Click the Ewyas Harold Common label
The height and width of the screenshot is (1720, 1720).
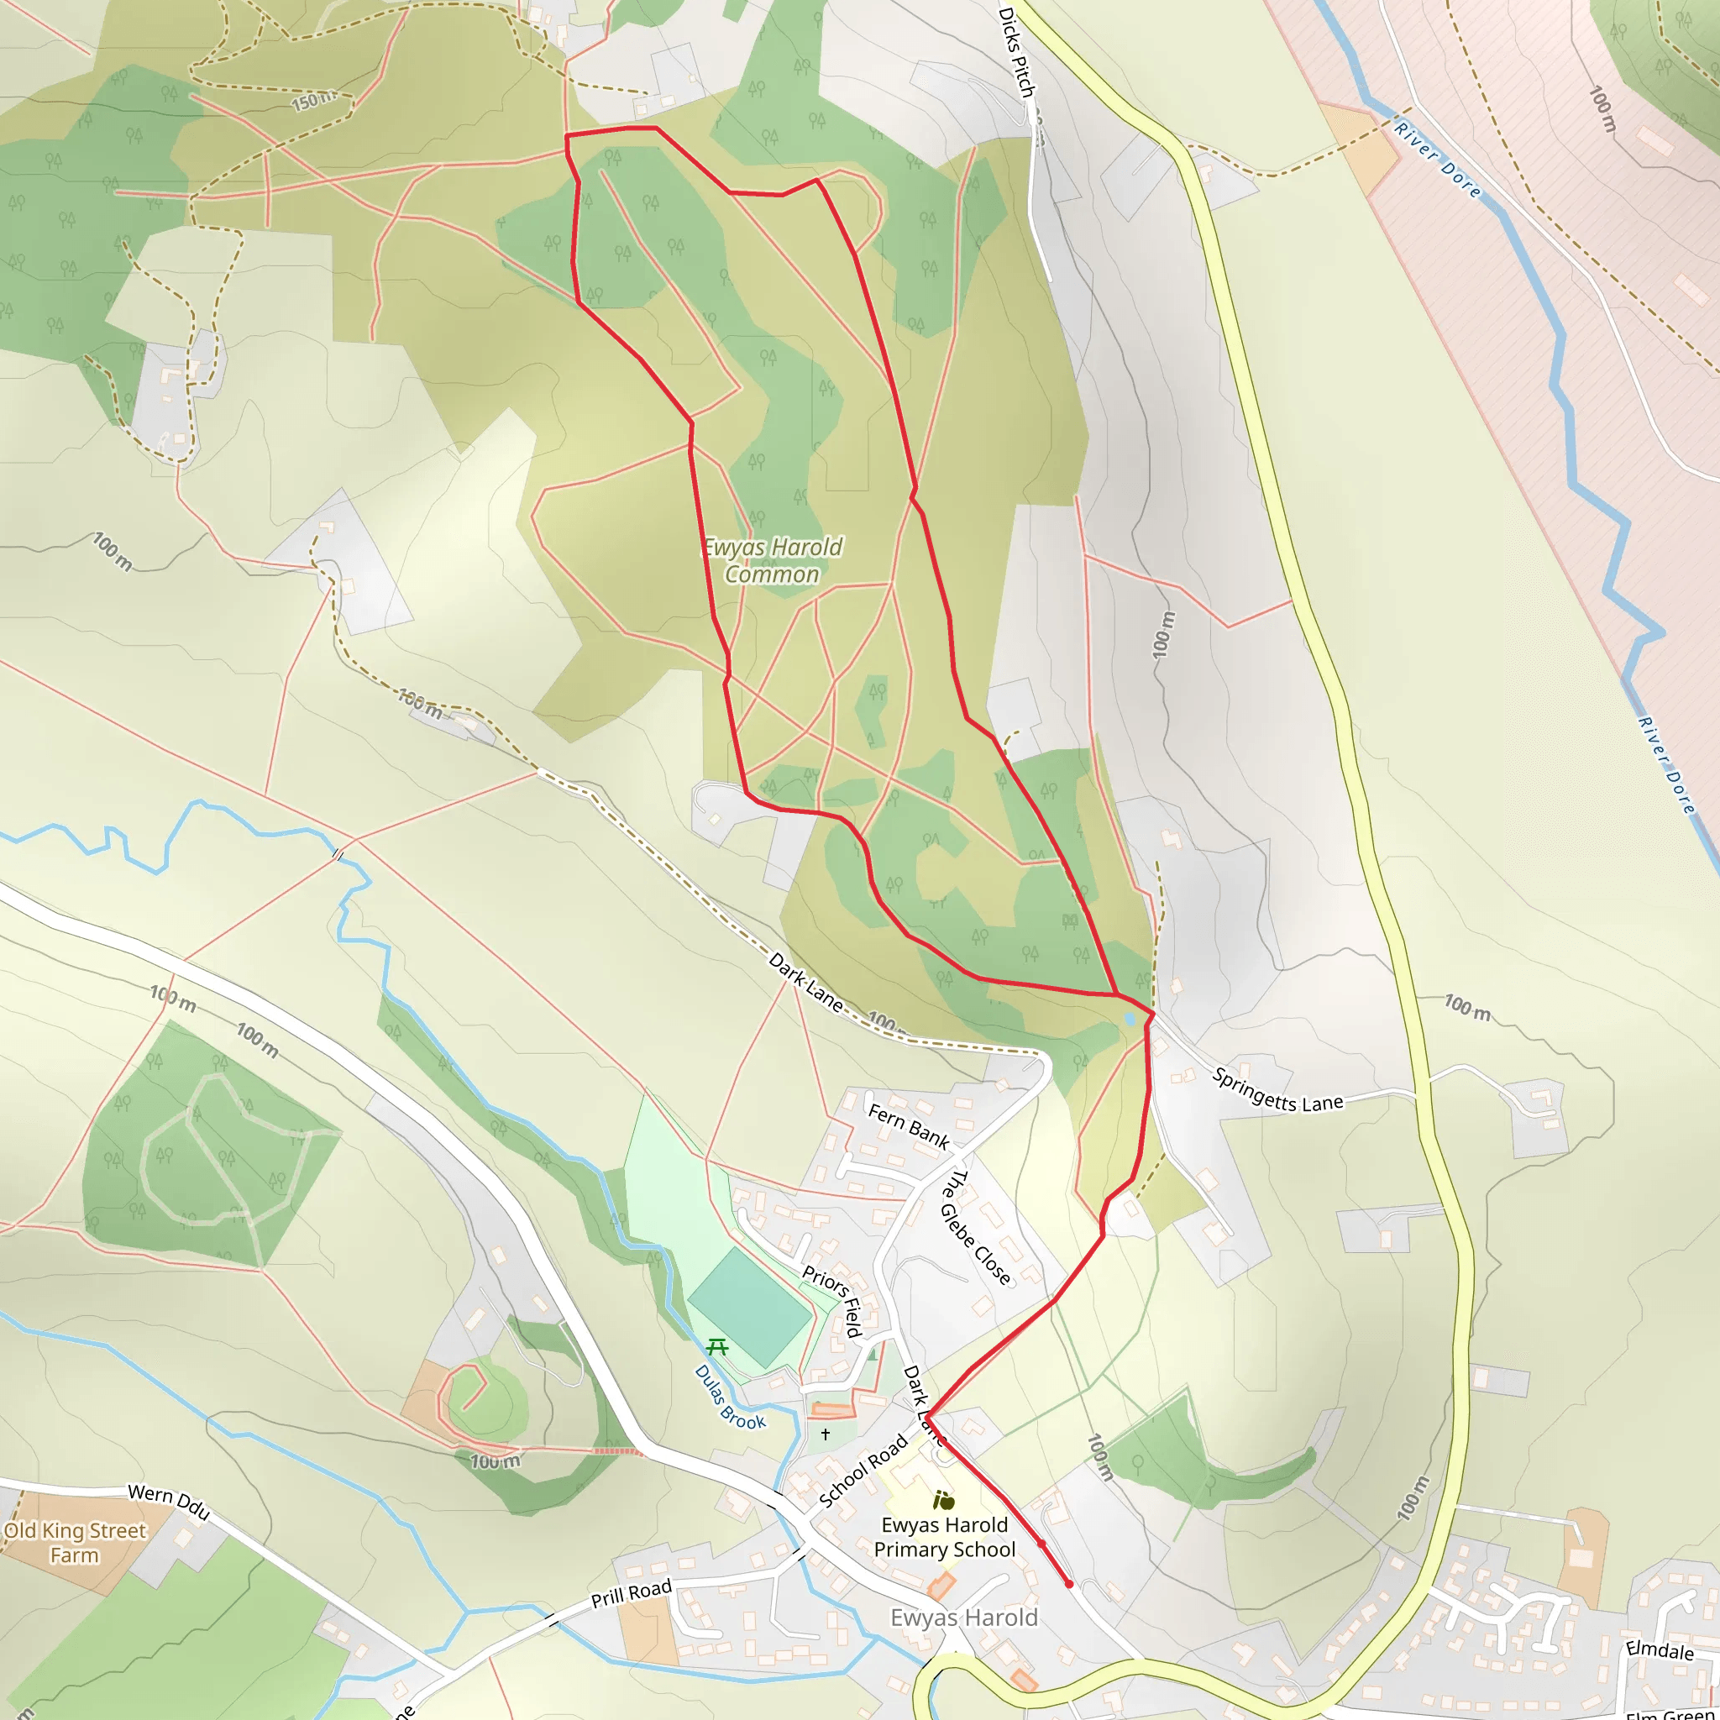click(x=773, y=561)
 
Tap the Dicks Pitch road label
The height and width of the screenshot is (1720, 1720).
click(x=1017, y=54)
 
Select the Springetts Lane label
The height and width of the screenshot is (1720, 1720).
click(x=1277, y=1092)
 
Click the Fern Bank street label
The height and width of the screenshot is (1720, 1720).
click(x=908, y=1126)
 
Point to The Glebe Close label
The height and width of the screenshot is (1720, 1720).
click(x=976, y=1229)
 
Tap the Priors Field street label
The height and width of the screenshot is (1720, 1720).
click(x=832, y=1301)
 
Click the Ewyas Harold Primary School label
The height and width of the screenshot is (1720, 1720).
click(x=945, y=1538)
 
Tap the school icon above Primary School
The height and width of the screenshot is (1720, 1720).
click(x=944, y=1501)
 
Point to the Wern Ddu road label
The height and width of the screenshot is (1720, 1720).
click(x=169, y=1502)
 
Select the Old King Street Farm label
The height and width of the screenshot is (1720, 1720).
click(x=75, y=1543)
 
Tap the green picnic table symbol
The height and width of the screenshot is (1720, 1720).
click(x=717, y=1347)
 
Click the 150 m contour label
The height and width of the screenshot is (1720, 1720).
click(x=313, y=101)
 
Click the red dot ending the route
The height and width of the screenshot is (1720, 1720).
click(x=1069, y=1584)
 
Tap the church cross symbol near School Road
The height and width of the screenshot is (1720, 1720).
click(x=826, y=1434)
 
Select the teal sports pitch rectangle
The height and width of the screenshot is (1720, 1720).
click(x=750, y=1307)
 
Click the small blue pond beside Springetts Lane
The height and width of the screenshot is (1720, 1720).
click(x=1130, y=1019)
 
